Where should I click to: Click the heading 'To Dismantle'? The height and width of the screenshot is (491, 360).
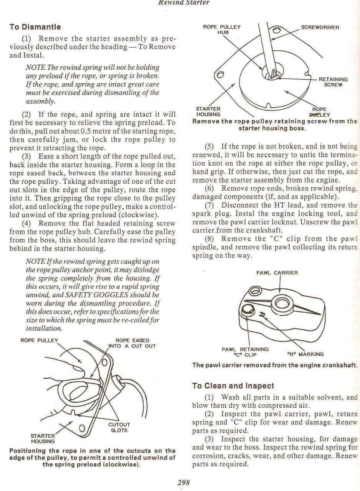35,27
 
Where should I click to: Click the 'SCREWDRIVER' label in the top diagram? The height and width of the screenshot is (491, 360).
320,27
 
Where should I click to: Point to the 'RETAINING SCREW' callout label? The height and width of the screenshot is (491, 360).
333,82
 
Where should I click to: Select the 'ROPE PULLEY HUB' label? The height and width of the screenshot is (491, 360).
221,30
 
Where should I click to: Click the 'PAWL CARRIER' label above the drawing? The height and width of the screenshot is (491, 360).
277,273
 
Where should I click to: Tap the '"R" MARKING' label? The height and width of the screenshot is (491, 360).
306,354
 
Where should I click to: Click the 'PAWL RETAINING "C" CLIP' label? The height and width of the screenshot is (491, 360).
245,352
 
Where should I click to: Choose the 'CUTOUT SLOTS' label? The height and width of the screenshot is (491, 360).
119,427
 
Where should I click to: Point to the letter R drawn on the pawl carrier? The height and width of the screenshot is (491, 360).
263,315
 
